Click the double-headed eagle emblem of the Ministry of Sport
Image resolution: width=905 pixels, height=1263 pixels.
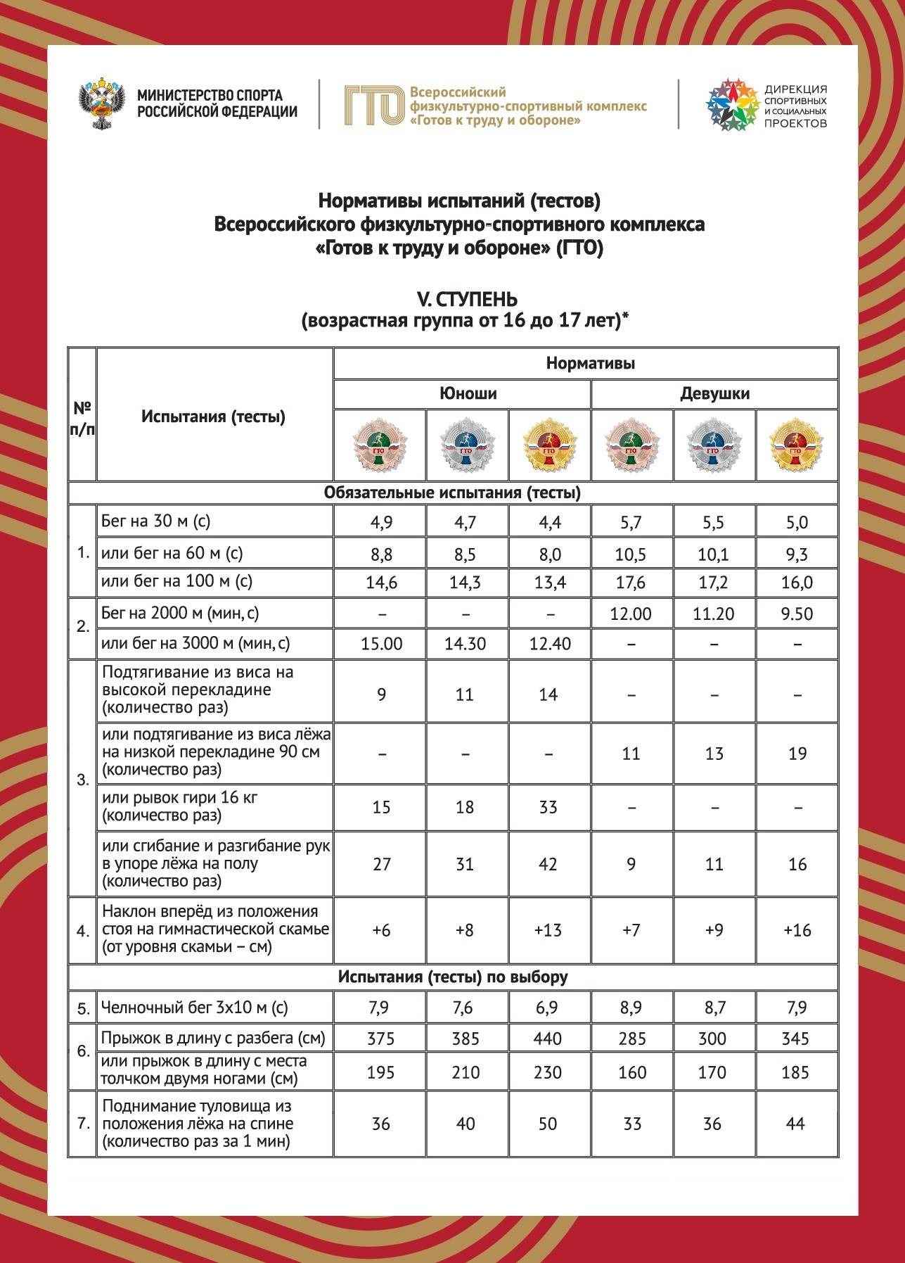[101, 106]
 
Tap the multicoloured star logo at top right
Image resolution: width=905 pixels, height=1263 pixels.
[731, 105]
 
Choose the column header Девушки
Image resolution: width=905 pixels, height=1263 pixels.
[714, 393]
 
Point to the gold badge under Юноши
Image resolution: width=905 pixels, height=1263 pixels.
[549, 445]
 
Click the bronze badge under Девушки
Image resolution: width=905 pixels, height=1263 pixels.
[631, 445]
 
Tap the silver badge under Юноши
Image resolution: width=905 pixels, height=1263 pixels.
[466, 445]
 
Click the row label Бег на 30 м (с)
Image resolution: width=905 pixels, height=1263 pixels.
[155, 521]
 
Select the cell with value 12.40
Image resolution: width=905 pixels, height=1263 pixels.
[549, 644]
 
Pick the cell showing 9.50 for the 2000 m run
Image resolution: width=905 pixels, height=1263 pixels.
[797, 614]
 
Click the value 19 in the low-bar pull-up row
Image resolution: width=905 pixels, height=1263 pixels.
[797, 754]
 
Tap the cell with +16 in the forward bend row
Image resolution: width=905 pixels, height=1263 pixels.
[797, 930]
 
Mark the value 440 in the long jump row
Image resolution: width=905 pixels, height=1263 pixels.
[548, 1039]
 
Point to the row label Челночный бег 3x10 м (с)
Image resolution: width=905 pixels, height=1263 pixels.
[194, 1008]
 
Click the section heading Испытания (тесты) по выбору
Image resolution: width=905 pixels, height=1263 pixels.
[452, 977]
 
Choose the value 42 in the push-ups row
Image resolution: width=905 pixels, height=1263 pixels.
[548, 864]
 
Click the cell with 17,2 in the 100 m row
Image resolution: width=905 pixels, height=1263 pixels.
[714, 583]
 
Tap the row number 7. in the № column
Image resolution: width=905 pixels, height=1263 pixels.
[83, 1123]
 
